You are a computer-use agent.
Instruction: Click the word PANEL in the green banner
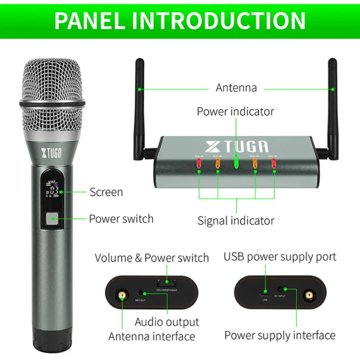(91, 20)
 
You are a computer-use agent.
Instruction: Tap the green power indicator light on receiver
(236, 162)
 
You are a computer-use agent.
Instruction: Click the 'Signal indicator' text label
(236, 221)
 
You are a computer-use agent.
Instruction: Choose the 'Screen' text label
(106, 192)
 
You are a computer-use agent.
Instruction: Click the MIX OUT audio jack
(141, 291)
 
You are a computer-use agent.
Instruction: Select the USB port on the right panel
(265, 292)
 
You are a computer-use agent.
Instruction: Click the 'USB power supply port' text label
(280, 256)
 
